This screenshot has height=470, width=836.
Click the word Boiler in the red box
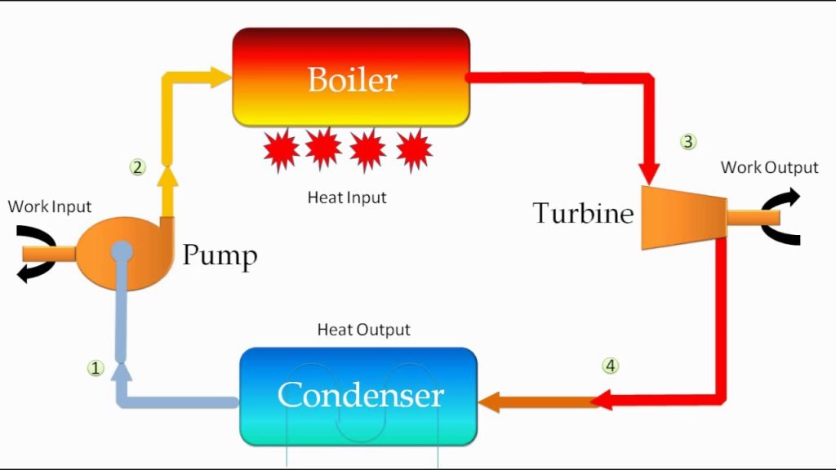pos(352,80)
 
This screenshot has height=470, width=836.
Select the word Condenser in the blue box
pos(360,395)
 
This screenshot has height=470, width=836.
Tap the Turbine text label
pos(583,214)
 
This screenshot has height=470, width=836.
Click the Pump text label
pos(220,255)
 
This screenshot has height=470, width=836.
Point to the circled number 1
pos(96,368)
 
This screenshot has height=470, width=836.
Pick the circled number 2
pos(137,167)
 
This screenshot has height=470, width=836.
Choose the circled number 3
pos(688,142)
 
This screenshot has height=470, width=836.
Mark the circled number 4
pos(610,366)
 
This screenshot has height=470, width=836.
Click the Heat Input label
pos(347,197)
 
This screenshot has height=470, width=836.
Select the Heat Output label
pos(363,330)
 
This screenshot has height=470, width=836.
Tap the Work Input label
pos(50,206)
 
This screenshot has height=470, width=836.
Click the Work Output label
pos(769,168)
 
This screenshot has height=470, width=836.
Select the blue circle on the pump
pos(122,251)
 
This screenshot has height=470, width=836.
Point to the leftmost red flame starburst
pos(282,150)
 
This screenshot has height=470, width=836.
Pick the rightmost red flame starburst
pos(414,150)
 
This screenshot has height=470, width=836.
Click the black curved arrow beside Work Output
pos(780,217)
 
